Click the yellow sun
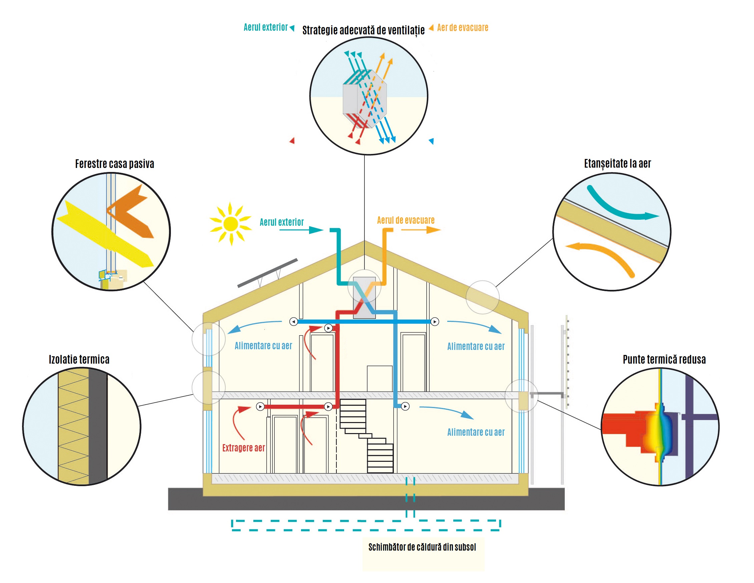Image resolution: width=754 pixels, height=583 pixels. (x=230, y=224)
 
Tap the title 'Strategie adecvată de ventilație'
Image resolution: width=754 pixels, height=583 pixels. (x=363, y=30)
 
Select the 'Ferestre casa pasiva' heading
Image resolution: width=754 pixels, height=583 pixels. (x=114, y=164)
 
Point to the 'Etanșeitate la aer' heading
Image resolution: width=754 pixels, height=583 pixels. (x=617, y=163)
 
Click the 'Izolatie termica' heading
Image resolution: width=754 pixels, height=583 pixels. (x=79, y=359)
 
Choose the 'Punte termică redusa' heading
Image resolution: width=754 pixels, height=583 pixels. (x=664, y=359)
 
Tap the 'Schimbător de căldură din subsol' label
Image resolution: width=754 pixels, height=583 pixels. (x=422, y=547)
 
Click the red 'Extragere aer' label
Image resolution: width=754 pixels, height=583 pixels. (x=243, y=448)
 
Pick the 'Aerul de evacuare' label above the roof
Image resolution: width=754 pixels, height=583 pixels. (x=405, y=220)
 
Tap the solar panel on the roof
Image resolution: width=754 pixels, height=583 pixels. (x=268, y=273)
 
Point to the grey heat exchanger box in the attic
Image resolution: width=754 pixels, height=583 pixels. (x=364, y=297)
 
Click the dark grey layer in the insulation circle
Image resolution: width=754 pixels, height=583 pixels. (x=98, y=426)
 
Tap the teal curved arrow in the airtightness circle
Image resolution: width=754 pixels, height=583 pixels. (x=618, y=207)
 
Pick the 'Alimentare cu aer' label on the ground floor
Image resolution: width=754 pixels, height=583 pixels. (x=475, y=432)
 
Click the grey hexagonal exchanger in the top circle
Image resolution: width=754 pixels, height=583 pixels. (x=364, y=99)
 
